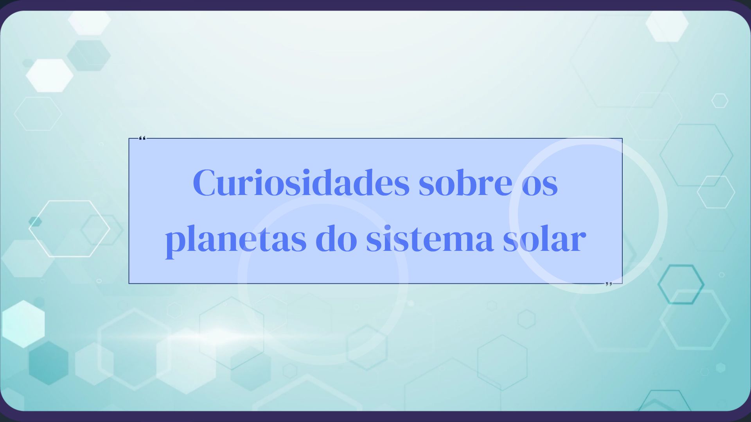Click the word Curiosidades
(x=301, y=183)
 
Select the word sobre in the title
(x=465, y=183)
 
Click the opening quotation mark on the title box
(x=142, y=138)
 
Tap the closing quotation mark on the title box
(x=609, y=284)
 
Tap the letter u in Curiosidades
(x=227, y=185)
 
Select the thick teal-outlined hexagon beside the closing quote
(x=681, y=284)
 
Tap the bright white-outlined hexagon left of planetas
(x=70, y=229)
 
